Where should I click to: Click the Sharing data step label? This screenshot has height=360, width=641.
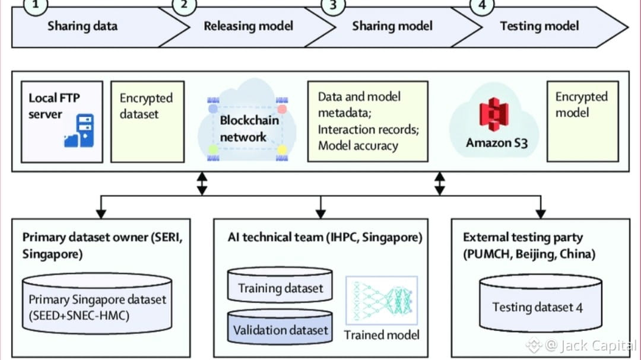(x=82, y=26)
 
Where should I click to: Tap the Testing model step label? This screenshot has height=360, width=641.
(x=539, y=26)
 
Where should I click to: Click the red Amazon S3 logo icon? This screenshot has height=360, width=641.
(x=493, y=116)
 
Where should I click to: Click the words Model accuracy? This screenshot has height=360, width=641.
(x=358, y=145)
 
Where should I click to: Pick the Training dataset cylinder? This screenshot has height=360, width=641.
(x=280, y=288)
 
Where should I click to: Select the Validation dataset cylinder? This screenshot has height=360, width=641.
(x=280, y=330)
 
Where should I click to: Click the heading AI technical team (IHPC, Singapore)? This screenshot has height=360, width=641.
(x=325, y=238)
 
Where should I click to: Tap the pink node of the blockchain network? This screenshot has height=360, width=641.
(x=282, y=109)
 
